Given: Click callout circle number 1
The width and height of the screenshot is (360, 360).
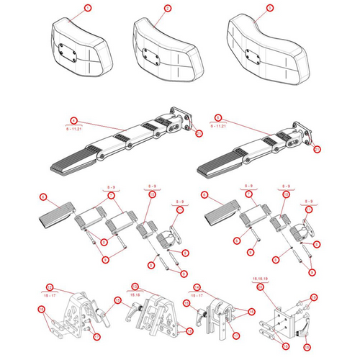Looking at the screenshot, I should coord(88,8).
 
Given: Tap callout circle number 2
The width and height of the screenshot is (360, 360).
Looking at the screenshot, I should coord(167,8).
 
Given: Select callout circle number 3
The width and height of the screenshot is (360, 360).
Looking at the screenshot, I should coord(270,8).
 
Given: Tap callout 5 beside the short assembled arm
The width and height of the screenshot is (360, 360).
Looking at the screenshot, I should coord(220,120).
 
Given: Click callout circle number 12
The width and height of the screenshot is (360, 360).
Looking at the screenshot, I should coord(49,287).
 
